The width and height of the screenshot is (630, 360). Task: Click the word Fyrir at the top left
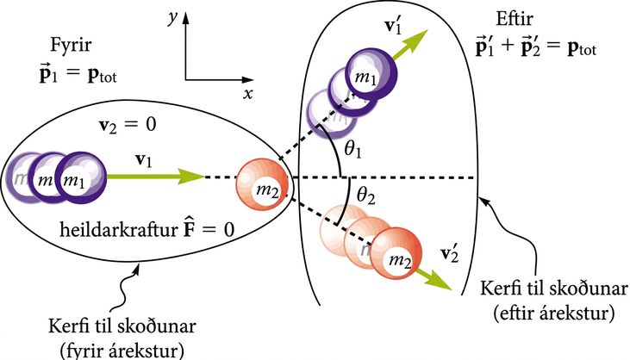pyautogui.click(x=71, y=46)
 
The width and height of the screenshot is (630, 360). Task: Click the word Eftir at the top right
pyautogui.click(x=515, y=19)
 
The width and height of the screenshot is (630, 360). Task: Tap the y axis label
pyautogui.click(x=173, y=18)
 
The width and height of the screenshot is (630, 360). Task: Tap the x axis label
pyautogui.click(x=248, y=94)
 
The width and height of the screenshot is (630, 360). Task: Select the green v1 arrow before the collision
pyautogui.click(x=155, y=176)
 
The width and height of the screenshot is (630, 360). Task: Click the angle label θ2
pyautogui.click(x=365, y=196)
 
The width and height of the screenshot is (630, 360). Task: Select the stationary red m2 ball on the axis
pyautogui.click(x=262, y=184)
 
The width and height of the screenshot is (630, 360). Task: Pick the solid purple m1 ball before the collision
pyautogui.click(x=81, y=177)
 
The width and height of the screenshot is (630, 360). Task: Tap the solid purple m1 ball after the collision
pyautogui.click(x=371, y=74)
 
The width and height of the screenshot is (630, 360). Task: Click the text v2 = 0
pyautogui.click(x=128, y=125)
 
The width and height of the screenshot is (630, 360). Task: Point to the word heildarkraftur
pyautogui.click(x=119, y=230)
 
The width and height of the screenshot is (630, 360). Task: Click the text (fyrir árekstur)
pyautogui.click(x=122, y=351)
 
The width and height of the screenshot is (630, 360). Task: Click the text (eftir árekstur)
pyautogui.click(x=553, y=313)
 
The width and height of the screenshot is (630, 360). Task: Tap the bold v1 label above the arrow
pyautogui.click(x=144, y=160)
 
